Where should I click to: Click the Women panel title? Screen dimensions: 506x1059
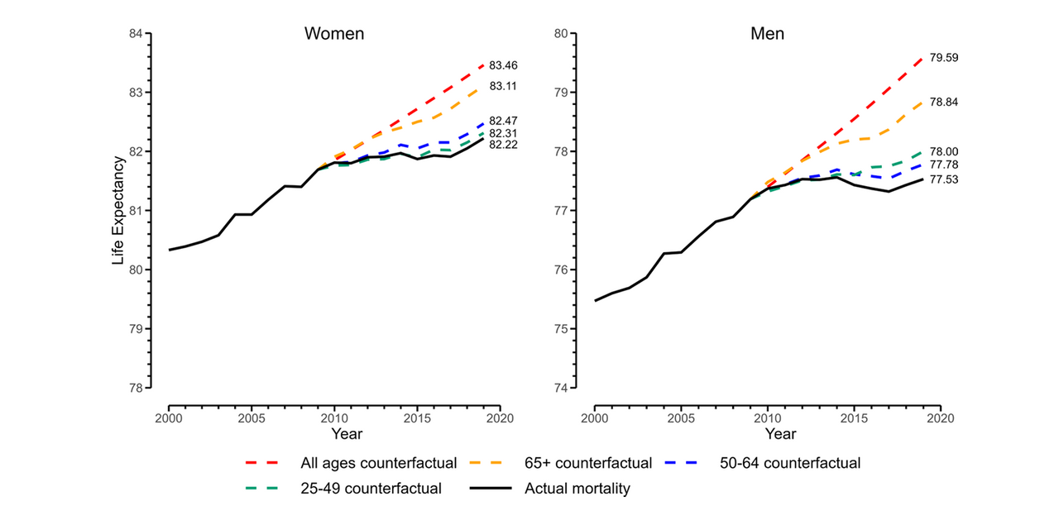[x=334, y=34]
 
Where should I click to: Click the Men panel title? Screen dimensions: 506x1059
[x=767, y=34]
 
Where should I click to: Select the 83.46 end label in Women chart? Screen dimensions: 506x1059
[x=503, y=65]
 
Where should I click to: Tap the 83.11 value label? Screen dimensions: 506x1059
[x=503, y=86]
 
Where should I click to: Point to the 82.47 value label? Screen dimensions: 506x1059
[x=503, y=121]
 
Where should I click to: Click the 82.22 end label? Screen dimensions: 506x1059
[x=503, y=145]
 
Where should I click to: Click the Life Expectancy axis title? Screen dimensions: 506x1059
[x=119, y=211]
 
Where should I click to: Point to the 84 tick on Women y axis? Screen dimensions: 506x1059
[x=136, y=34]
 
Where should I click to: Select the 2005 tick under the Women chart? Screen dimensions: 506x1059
[x=252, y=418]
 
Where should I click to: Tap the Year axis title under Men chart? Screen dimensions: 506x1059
[x=779, y=433]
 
